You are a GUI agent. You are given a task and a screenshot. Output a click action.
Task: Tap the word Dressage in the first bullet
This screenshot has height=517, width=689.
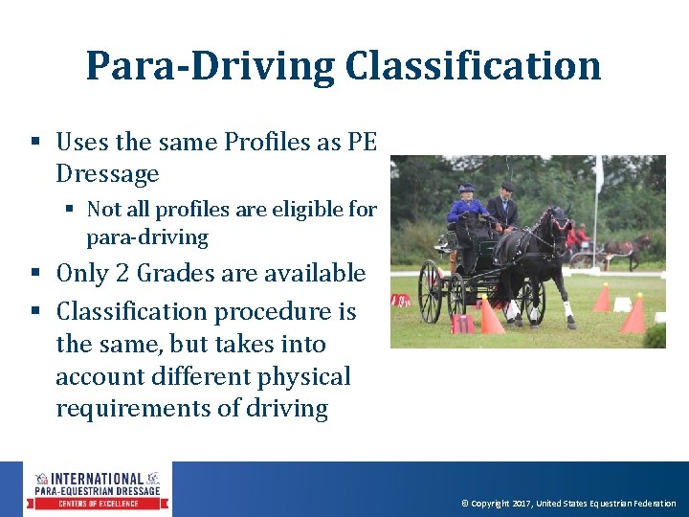(x=107, y=174)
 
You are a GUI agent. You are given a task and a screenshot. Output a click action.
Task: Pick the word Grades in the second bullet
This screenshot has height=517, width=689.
(x=177, y=274)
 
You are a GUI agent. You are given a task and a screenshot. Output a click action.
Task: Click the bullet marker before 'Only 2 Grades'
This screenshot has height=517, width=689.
(x=34, y=275)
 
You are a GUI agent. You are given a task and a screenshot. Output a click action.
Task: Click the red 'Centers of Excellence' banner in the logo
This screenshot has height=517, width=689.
(x=100, y=504)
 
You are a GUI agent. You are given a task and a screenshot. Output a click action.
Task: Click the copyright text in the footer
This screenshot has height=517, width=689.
(x=568, y=504)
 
